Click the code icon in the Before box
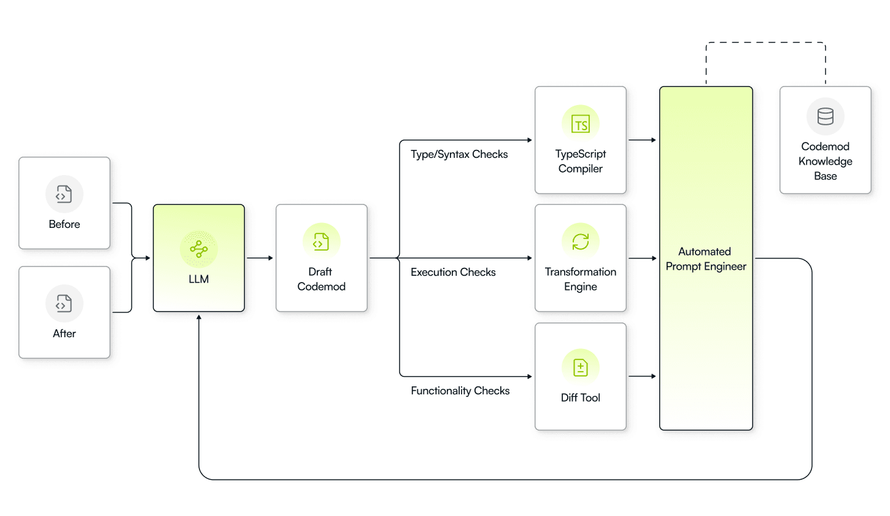64,194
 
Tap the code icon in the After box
64,303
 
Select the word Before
64,224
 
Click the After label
64,334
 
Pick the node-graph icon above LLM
199,249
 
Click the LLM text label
199,279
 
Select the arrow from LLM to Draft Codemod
260,258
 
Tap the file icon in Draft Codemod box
321,241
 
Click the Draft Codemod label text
321,279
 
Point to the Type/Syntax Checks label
459,154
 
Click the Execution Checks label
453,272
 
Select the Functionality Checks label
460,391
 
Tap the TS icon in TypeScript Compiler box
580,124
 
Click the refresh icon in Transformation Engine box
580,242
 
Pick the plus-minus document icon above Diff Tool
580,367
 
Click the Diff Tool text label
580,397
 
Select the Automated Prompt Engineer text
706,259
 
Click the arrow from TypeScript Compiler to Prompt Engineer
643,140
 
